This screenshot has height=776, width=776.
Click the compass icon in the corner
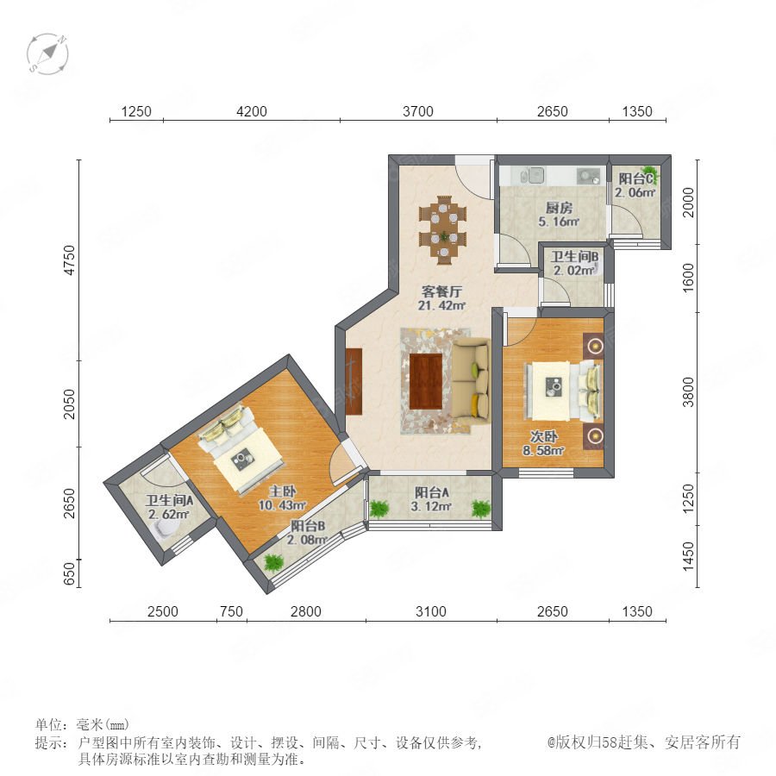point(47,53)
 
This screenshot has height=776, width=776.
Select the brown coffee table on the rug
point(426,381)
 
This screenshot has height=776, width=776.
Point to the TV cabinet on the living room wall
point(354,381)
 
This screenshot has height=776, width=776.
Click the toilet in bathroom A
point(166,529)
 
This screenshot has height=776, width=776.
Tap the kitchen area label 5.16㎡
point(559,222)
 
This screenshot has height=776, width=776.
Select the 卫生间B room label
point(574,256)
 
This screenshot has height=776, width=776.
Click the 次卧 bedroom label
point(543,436)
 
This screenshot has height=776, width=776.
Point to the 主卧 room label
point(283,491)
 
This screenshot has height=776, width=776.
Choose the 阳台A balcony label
point(432,493)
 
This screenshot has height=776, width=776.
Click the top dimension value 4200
point(252,111)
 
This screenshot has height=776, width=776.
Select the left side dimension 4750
point(70,260)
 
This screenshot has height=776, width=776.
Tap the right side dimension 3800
point(688,392)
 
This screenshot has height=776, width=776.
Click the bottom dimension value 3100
point(430,611)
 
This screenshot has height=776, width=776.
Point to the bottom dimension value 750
point(231,611)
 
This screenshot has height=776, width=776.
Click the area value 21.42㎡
point(442,306)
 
